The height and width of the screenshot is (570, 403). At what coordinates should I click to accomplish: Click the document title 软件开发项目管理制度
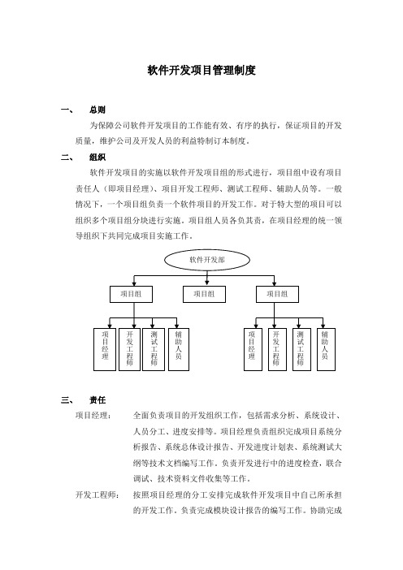click(x=201, y=70)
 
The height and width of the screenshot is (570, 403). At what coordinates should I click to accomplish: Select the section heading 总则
click(x=97, y=110)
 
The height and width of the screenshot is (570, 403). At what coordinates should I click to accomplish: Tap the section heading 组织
click(x=97, y=157)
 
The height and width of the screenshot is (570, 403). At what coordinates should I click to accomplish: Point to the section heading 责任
click(x=97, y=400)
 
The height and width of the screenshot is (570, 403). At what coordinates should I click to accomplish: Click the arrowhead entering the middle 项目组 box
click(x=207, y=283)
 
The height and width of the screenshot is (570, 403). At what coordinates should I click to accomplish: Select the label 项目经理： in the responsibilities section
click(x=93, y=416)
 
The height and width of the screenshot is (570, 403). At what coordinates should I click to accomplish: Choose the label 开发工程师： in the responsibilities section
click(x=97, y=494)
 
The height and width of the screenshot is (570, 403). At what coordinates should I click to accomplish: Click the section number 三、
click(x=67, y=400)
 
